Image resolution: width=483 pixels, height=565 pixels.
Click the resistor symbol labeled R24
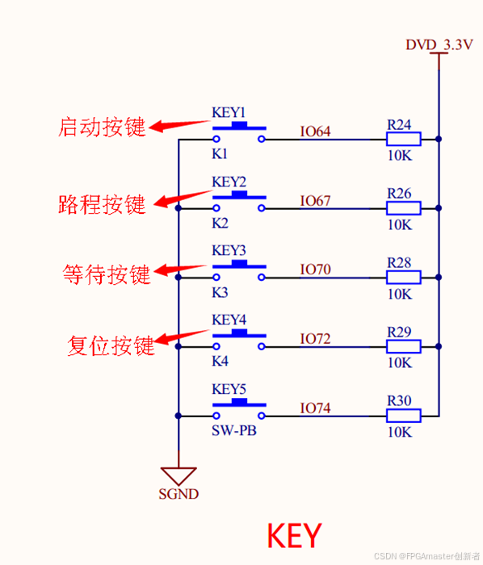click(403, 139)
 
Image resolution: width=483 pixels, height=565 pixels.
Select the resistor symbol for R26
click(403, 208)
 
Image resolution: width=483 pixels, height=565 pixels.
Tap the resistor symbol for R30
click(403, 416)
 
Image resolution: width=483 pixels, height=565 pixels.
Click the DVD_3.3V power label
click(438, 45)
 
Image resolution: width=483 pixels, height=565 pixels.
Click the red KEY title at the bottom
click(294, 535)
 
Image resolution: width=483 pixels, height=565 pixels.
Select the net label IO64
click(315, 132)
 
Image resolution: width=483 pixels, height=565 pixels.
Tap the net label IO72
click(315, 339)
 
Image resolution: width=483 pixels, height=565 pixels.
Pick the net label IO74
click(315, 408)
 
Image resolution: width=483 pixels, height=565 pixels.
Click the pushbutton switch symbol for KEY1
click(239, 134)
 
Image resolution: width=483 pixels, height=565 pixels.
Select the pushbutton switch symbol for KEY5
click(239, 411)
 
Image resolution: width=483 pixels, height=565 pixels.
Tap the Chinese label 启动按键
click(102, 127)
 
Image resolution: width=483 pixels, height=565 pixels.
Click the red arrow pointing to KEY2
click(181, 199)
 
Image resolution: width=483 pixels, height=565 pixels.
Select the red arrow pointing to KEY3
click(181, 268)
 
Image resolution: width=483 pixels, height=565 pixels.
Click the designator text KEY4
click(229, 320)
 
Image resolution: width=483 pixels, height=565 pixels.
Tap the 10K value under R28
click(399, 294)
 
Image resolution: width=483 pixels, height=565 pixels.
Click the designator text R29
click(399, 332)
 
